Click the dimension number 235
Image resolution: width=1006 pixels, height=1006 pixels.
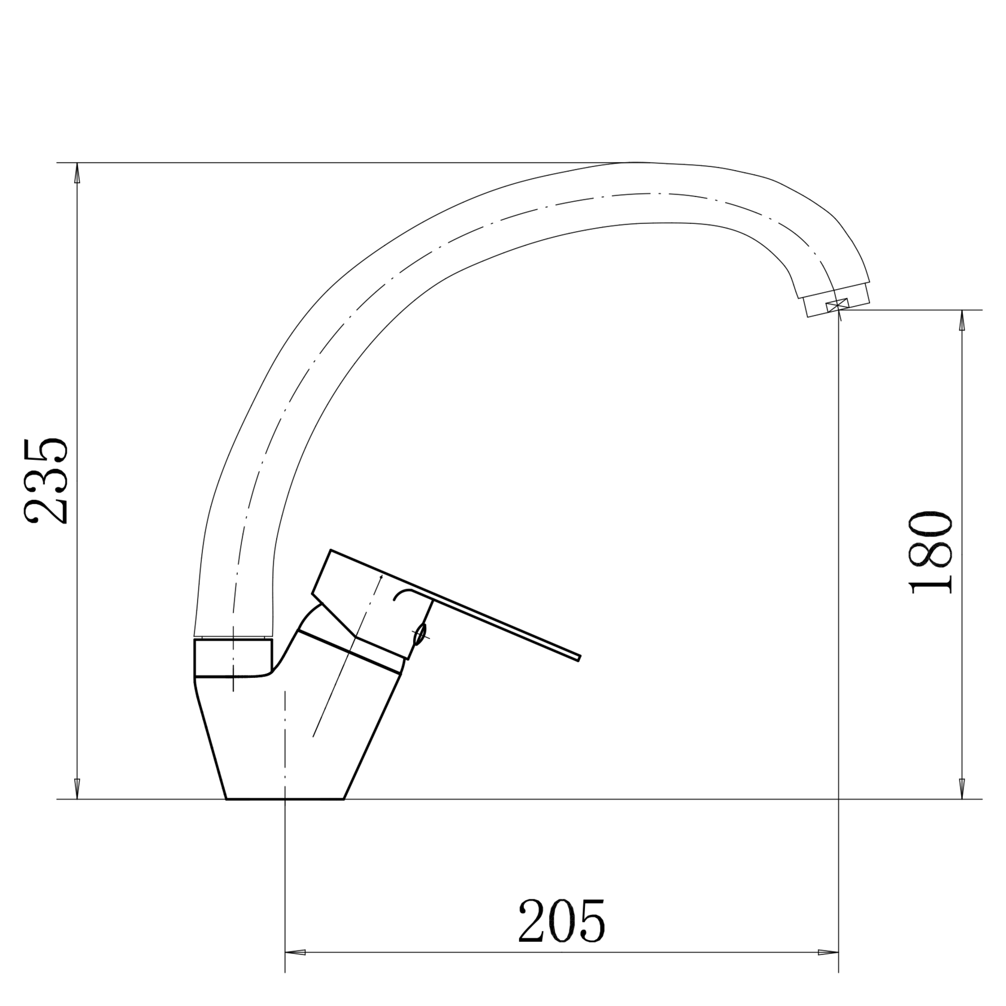click(x=46, y=480)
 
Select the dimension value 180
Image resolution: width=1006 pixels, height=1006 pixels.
click(x=931, y=552)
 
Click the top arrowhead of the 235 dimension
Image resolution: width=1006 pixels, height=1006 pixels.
click(x=77, y=173)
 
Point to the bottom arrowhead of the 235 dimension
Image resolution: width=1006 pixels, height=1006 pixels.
click(x=77, y=789)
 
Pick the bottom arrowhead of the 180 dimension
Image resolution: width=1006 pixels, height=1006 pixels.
click(x=962, y=789)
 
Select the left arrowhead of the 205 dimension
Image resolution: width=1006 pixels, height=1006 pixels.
click(x=295, y=969)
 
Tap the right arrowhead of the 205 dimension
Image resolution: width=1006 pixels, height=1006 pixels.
click(x=828, y=969)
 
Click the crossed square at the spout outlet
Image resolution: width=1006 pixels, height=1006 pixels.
click(x=838, y=305)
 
